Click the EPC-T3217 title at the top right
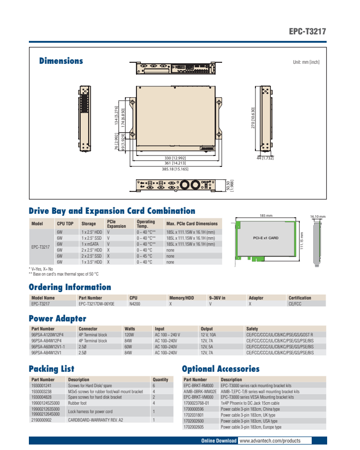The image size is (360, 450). pos(308,31)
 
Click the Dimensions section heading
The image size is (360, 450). pos(61,61)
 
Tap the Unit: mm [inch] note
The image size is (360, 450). pos(306,62)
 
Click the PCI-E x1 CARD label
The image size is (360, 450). pos(266,238)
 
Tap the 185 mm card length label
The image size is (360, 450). pos(266,216)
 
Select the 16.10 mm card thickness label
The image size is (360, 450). pos(317,217)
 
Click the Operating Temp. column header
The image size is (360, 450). pos(146,224)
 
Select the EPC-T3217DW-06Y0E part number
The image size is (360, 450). pos(96,303)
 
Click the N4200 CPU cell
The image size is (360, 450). pos(135,303)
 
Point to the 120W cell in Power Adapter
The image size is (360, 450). pos(128,335)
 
